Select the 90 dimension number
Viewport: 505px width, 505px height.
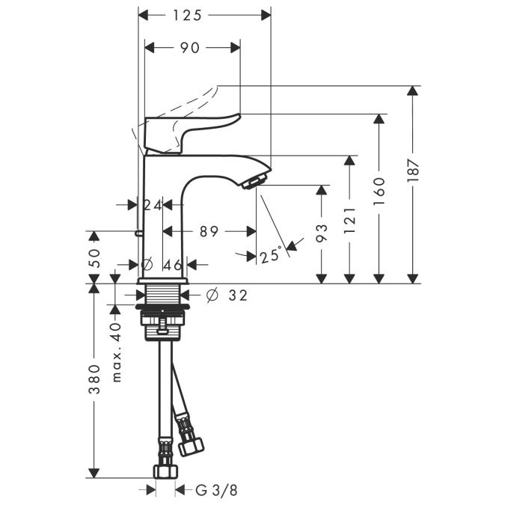point(191,48)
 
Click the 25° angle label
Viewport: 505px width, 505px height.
point(271,255)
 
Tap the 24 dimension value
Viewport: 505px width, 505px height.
point(153,204)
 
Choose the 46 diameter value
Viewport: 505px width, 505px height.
point(173,264)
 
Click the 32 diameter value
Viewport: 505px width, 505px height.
point(237,296)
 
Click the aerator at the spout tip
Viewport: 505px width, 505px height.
point(254,180)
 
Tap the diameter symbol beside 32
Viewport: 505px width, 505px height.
point(210,296)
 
